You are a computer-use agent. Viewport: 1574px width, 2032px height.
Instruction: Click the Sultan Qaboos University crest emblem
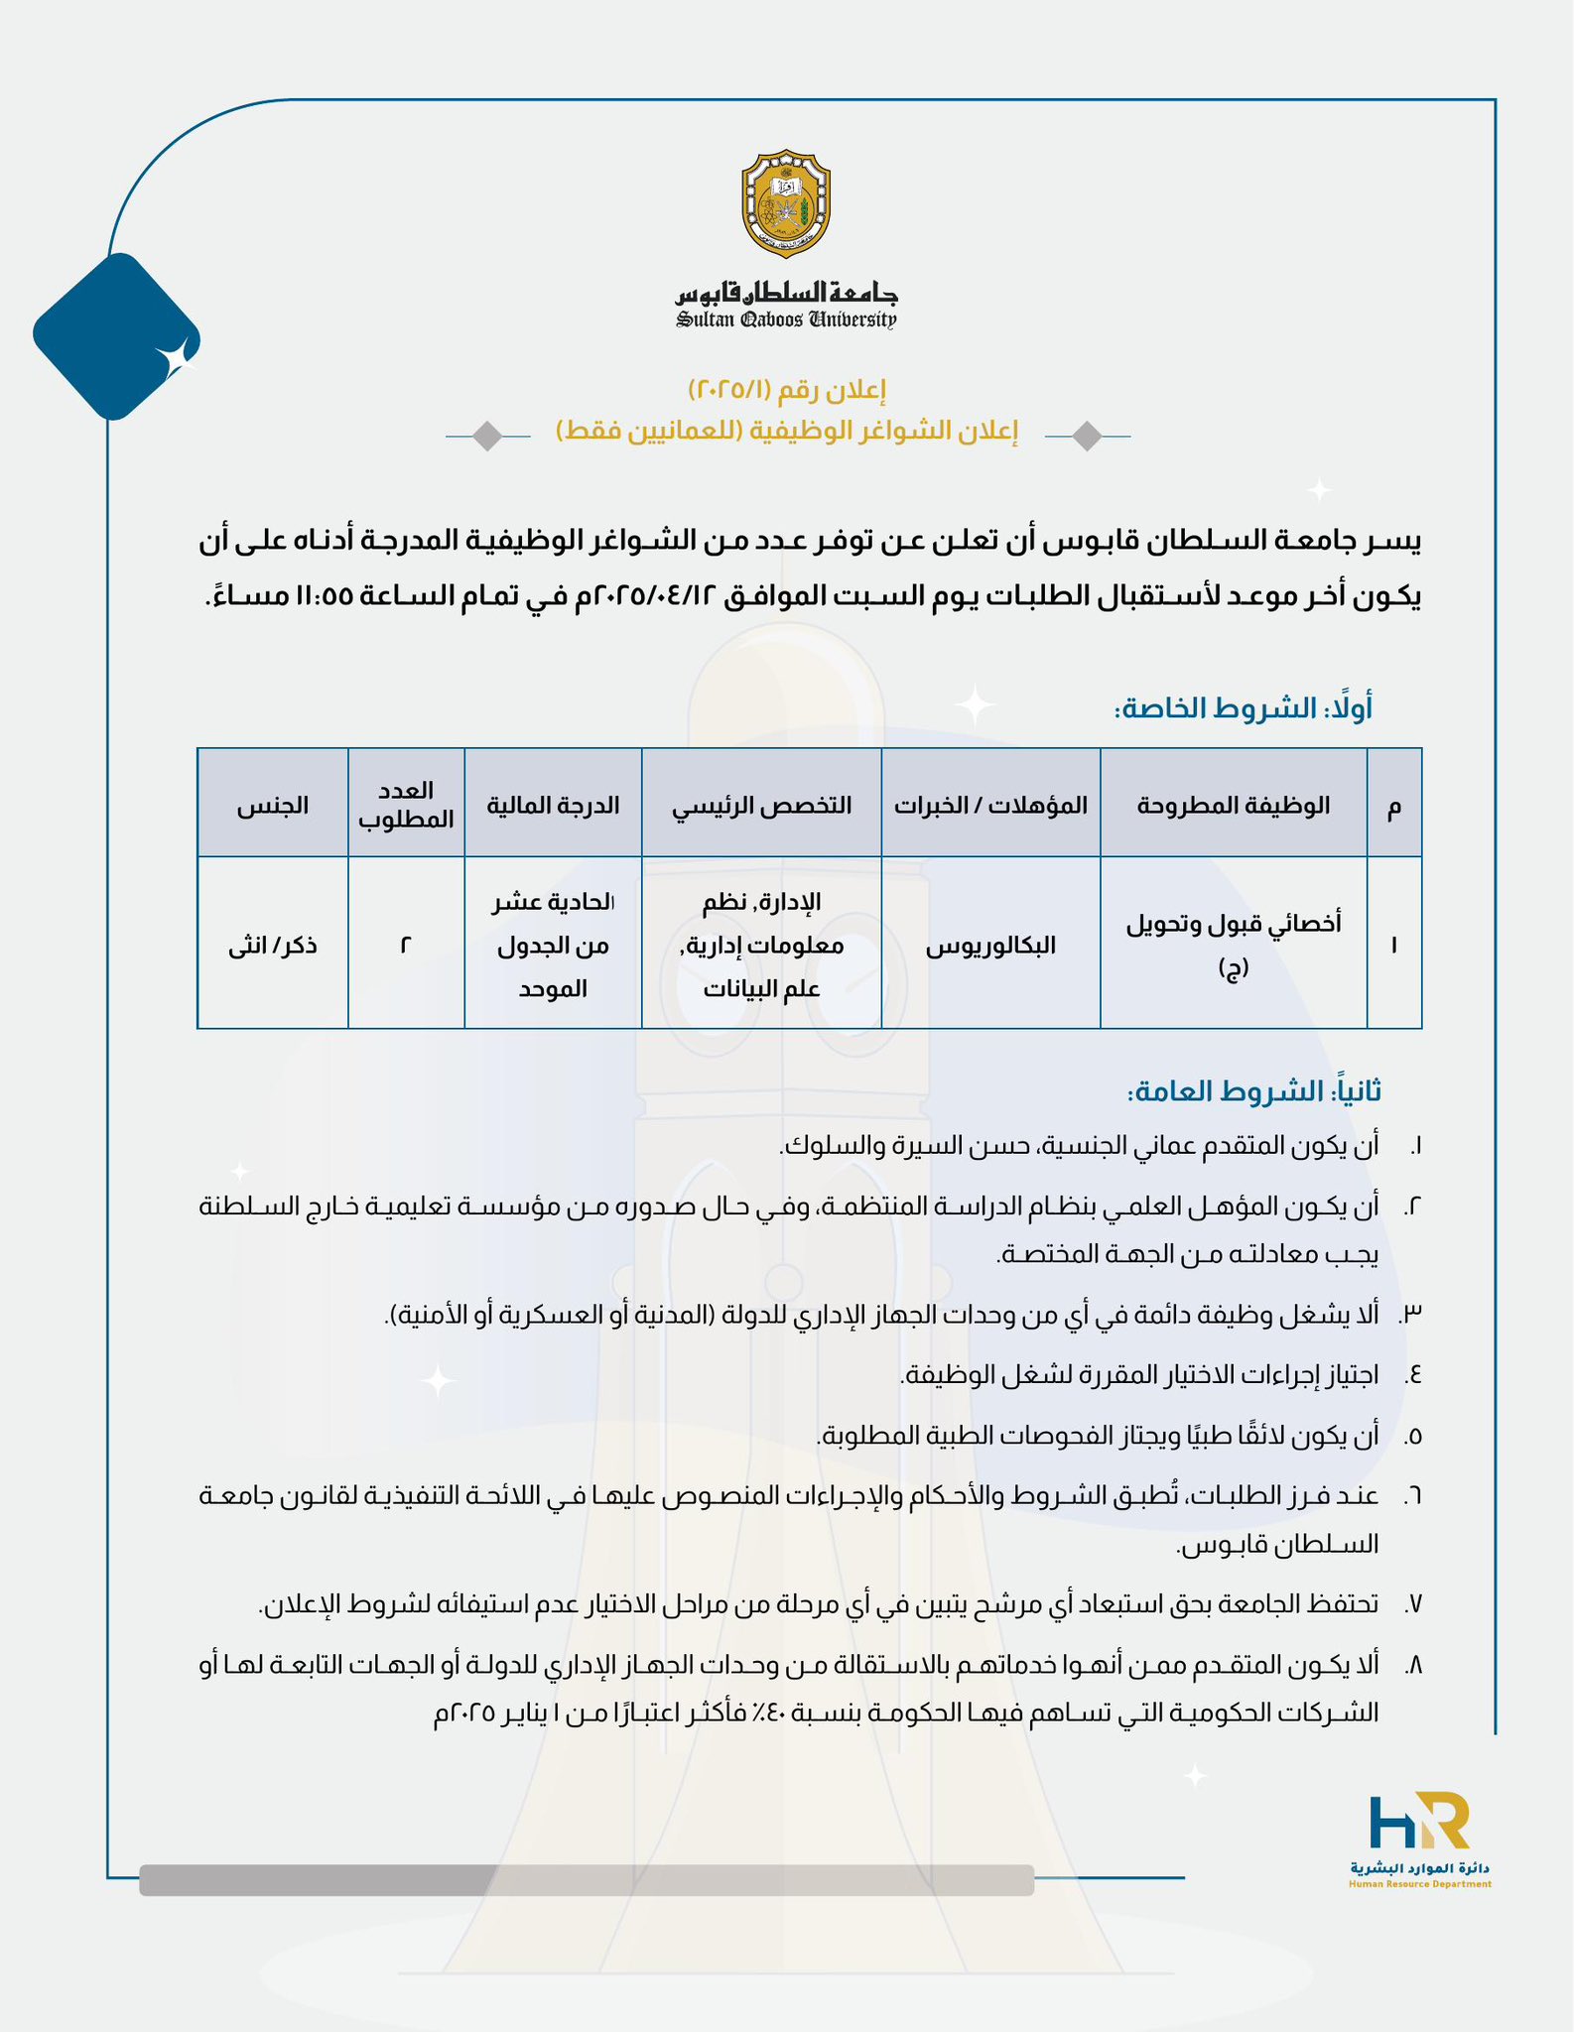(x=786, y=201)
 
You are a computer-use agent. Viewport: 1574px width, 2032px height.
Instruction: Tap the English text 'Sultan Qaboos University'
(x=786, y=319)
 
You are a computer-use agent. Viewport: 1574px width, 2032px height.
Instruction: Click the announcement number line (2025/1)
(x=786, y=389)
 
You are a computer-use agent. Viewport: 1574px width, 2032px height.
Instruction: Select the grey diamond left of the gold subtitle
(x=487, y=436)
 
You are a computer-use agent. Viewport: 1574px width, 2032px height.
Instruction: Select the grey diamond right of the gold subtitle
(x=1088, y=436)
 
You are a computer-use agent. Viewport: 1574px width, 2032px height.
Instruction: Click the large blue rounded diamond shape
(x=116, y=336)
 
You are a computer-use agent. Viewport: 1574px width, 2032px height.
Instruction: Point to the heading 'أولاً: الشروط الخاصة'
(x=1243, y=708)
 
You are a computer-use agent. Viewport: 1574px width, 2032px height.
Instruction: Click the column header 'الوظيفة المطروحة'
(x=1233, y=805)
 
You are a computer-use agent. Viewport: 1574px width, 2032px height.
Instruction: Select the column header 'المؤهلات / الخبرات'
(x=990, y=805)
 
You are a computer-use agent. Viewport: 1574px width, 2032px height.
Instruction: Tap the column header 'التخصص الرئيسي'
(x=762, y=805)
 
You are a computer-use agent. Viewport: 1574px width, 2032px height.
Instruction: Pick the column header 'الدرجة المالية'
(x=553, y=805)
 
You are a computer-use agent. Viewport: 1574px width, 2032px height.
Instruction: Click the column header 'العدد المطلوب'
(x=406, y=805)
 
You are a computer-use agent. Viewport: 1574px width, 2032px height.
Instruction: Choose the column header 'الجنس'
(x=273, y=805)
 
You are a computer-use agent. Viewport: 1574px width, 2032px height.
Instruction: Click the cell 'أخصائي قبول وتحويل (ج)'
(x=1233, y=944)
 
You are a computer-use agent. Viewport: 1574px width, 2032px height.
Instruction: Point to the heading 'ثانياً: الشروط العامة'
(x=1252, y=1091)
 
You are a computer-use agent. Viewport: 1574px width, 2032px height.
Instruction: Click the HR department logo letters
(x=1418, y=1822)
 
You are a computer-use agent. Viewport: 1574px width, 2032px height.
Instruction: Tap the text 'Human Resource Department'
(x=1419, y=1884)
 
